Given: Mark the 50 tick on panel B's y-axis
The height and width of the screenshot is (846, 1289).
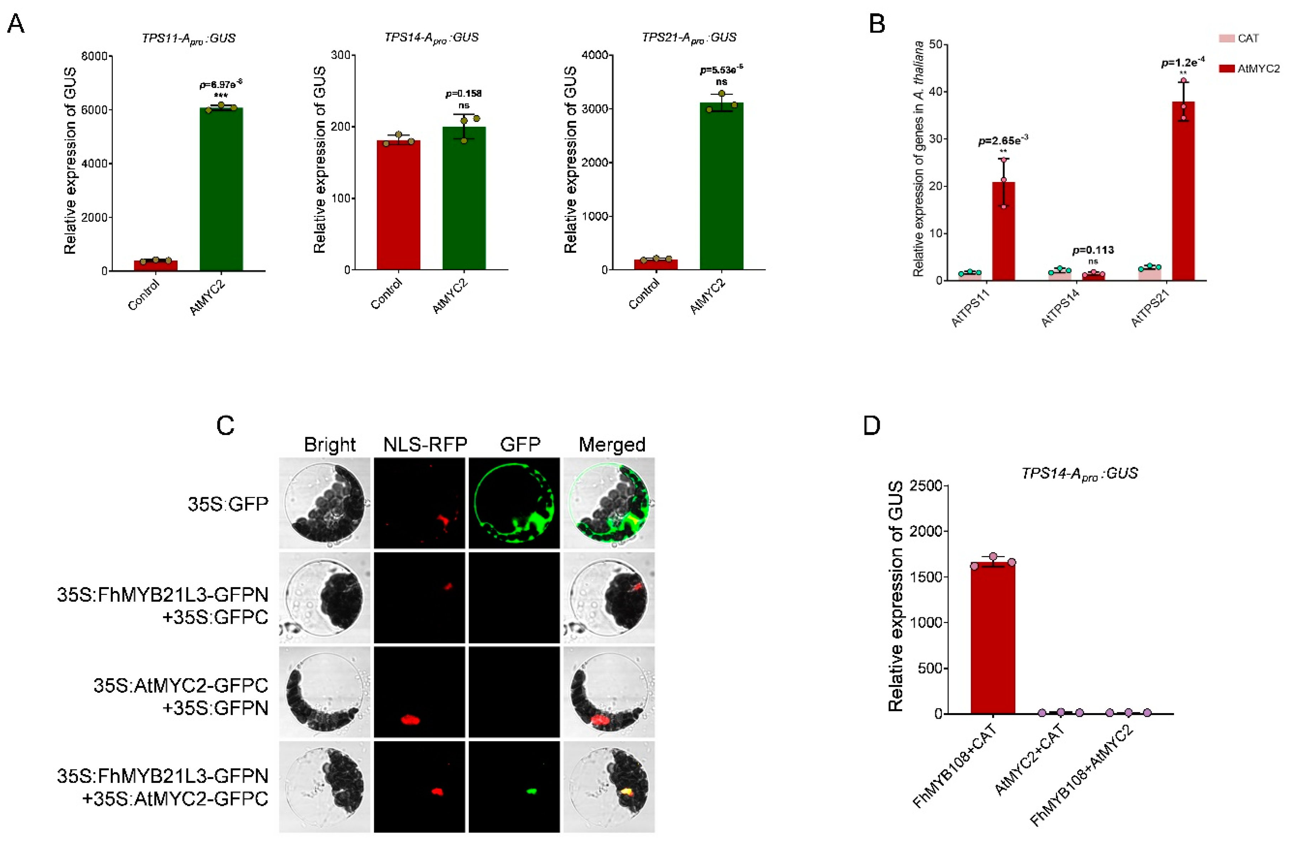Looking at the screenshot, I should click(x=934, y=45).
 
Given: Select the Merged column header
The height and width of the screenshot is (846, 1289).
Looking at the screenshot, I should click(x=612, y=445).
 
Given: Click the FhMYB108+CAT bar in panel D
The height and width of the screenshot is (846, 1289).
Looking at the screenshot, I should click(x=993, y=639).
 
